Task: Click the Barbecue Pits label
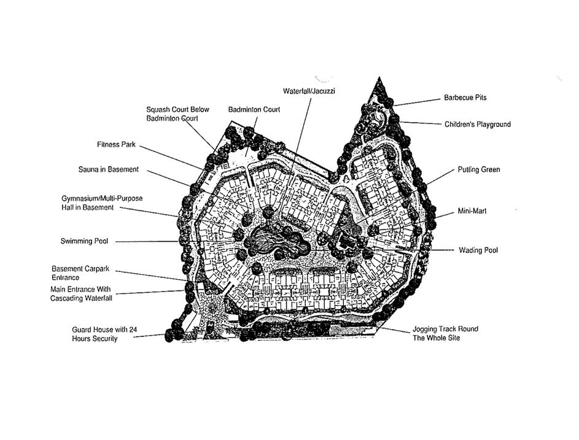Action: click(x=465, y=98)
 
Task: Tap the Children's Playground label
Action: click(x=477, y=125)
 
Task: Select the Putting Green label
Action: click(x=478, y=169)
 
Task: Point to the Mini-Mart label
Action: click(x=472, y=211)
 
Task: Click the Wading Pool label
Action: click(x=478, y=250)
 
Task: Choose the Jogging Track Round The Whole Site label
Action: click(x=445, y=333)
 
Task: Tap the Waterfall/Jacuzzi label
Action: click(x=309, y=91)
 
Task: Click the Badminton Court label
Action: click(x=254, y=109)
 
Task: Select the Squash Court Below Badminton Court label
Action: click(x=177, y=114)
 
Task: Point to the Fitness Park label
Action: click(x=116, y=145)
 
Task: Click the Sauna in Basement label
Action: click(x=108, y=169)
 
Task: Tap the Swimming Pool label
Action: click(x=84, y=241)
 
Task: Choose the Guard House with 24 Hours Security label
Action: click(x=103, y=334)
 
